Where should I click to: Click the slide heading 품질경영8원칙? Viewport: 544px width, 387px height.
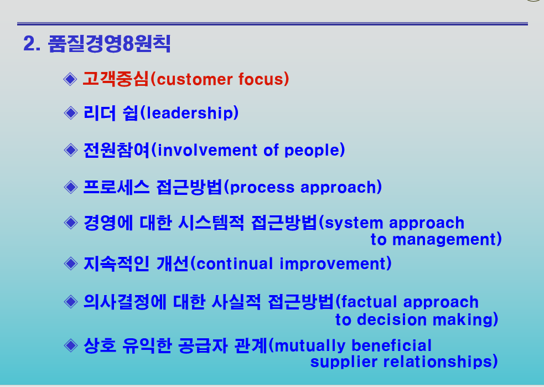tap(109, 44)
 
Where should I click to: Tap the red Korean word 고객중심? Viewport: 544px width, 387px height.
tap(116, 79)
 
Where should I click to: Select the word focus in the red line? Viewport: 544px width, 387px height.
tap(261, 79)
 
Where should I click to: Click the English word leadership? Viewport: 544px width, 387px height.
tap(189, 113)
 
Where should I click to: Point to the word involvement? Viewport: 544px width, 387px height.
tap(208, 150)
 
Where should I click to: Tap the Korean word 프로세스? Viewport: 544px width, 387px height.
tap(117, 187)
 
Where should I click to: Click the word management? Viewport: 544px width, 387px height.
tap(444, 240)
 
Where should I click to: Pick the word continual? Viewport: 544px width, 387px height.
tap(234, 264)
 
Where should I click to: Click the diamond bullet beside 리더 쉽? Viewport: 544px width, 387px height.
tap(71, 113)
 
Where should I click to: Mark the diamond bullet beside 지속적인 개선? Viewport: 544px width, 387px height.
tap(71, 264)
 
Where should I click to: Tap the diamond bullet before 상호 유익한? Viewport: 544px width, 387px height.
tap(71, 345)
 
